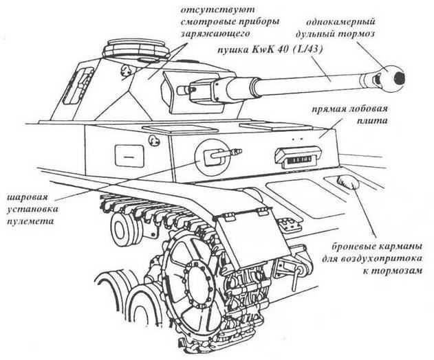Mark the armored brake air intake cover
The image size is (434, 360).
pos(347,183)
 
